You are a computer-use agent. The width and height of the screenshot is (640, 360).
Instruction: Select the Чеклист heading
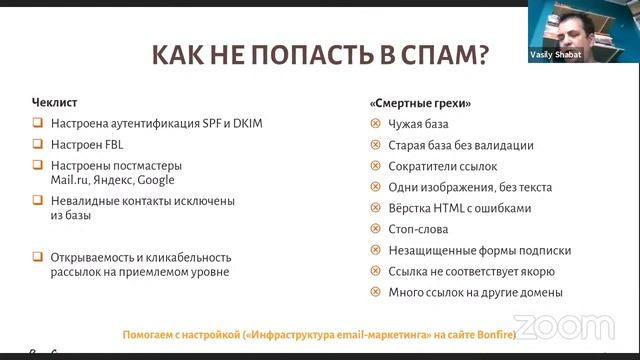click(x=53, y=103)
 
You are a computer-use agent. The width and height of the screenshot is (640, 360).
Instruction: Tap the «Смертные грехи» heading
click(x=420, y=103)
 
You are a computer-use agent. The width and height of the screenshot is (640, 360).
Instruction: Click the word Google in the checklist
click(x=156, y=180)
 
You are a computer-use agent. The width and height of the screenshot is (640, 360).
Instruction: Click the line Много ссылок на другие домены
click(x=475, y=292)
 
